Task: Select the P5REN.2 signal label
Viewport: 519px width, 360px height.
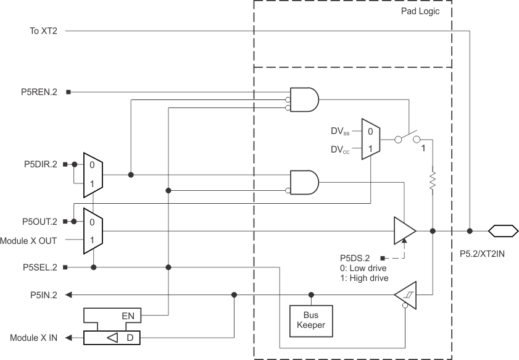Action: tap(39, 92)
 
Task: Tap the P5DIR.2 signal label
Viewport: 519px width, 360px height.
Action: tap(39, 164)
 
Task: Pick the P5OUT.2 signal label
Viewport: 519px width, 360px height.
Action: tap(38, 220)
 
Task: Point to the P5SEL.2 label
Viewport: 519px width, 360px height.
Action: tap(39, 267)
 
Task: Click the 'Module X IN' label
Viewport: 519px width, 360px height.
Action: tap(34, 338)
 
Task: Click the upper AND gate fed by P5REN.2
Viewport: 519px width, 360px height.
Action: tap(305, 99)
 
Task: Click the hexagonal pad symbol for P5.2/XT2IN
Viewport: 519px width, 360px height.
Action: tap(502, 232)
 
